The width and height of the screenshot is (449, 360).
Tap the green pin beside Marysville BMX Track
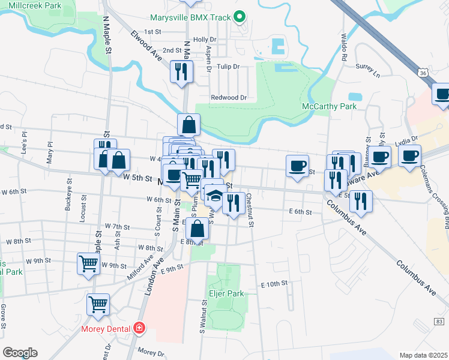240,17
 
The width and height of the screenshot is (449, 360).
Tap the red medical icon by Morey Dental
139,328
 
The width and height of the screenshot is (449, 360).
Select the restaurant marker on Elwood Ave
181,72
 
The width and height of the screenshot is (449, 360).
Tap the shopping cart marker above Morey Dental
98,304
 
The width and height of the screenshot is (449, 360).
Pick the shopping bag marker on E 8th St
197,229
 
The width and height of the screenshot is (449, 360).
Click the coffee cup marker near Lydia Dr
409,157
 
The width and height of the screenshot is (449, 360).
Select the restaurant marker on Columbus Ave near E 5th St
360,202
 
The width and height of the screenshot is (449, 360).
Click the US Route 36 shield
423,73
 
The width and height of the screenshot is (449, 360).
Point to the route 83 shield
440,322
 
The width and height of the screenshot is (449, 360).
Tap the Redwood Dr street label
229,97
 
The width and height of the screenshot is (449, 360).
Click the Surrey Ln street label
368,67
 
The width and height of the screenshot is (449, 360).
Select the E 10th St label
274,283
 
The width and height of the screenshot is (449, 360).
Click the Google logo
20,353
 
